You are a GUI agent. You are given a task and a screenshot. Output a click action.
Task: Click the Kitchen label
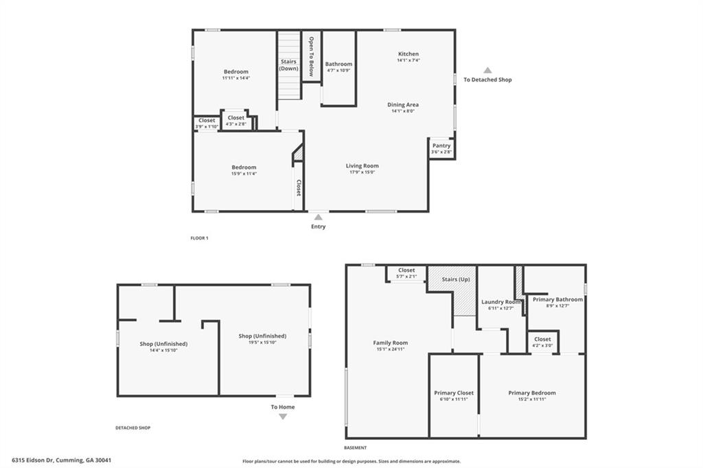point(408,54)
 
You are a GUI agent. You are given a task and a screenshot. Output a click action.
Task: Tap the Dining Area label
point(403,105)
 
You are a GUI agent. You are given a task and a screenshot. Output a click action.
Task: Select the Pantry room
point(441,148)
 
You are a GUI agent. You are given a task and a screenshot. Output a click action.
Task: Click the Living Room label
point(362,166)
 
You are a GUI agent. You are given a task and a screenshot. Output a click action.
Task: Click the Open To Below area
point(312,56)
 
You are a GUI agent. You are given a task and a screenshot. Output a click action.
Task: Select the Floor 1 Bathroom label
point(338,65)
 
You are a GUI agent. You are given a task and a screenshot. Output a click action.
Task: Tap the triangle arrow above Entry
point(318,217)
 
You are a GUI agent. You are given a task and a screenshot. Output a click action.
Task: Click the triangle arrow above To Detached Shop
point(487,70)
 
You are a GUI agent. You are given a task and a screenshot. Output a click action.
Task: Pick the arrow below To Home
point(283,417)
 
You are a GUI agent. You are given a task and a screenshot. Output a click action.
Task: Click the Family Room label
point(391,343)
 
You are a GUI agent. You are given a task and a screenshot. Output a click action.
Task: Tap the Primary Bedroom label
point(532,393)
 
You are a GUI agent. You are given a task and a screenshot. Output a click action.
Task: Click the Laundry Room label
point(501,302)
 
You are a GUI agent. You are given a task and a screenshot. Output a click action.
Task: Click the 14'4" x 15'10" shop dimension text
point(163,351)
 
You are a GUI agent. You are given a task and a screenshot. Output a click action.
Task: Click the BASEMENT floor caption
point(356,447)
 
